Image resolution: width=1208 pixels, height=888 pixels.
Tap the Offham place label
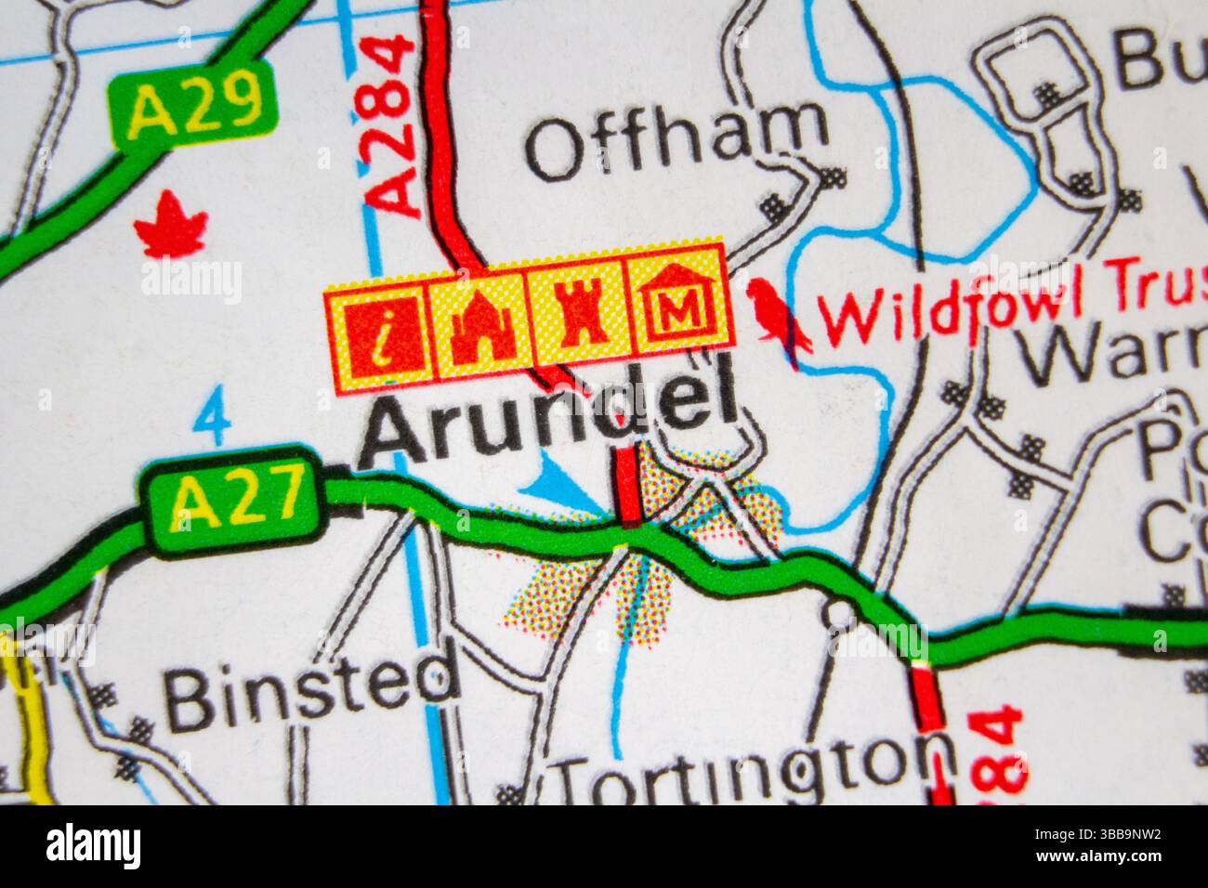pyautogui.click(x=676, y=142)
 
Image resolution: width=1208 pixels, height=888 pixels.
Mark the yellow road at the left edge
pyautogui.click(x=35, y=715)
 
